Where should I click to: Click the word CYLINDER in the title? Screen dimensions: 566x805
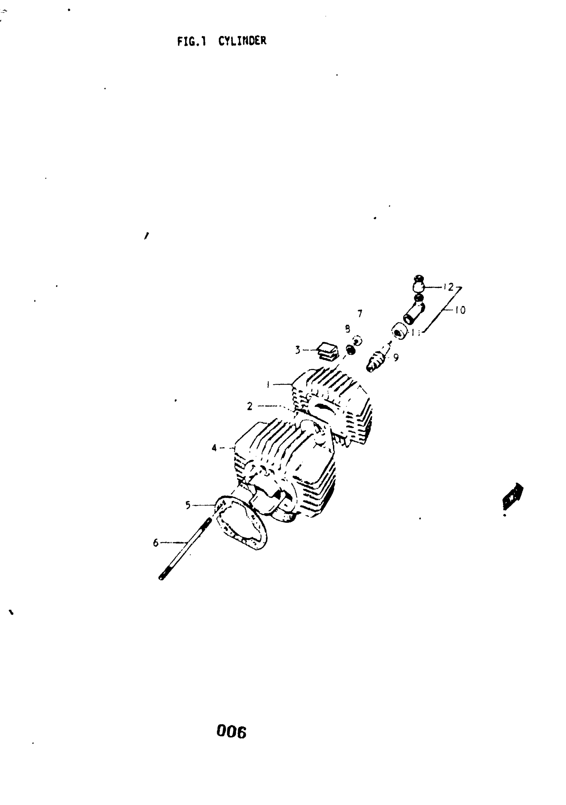coord(242,41)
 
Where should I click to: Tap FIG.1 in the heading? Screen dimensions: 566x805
coord(191,42)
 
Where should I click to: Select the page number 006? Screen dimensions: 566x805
coord(231,732)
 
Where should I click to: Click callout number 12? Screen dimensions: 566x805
coord(448,287)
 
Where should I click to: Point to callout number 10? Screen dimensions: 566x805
coord(460,310)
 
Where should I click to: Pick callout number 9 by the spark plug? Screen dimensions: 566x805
coord(396,358)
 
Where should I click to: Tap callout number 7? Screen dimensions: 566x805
coord(360,313)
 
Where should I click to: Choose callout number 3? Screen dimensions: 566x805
coord(298,350)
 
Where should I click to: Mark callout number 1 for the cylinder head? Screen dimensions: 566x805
coord(268,385)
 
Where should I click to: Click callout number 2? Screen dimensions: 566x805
coord(249,406)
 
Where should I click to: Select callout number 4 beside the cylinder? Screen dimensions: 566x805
coord(214,448)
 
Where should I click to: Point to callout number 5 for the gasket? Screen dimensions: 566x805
coord(188,505)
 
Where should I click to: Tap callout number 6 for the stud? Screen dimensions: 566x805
coord(155,543)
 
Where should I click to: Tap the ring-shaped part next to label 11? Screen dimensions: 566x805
coord(398,331)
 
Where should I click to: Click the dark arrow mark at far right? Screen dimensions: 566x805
coord(512,496)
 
